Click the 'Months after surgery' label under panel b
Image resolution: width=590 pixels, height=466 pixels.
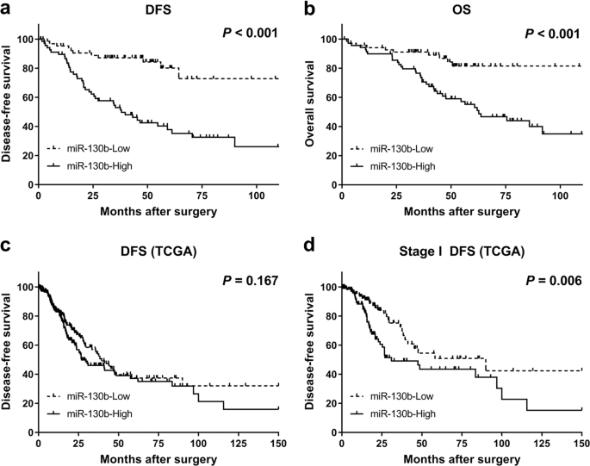pos(462,210)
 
